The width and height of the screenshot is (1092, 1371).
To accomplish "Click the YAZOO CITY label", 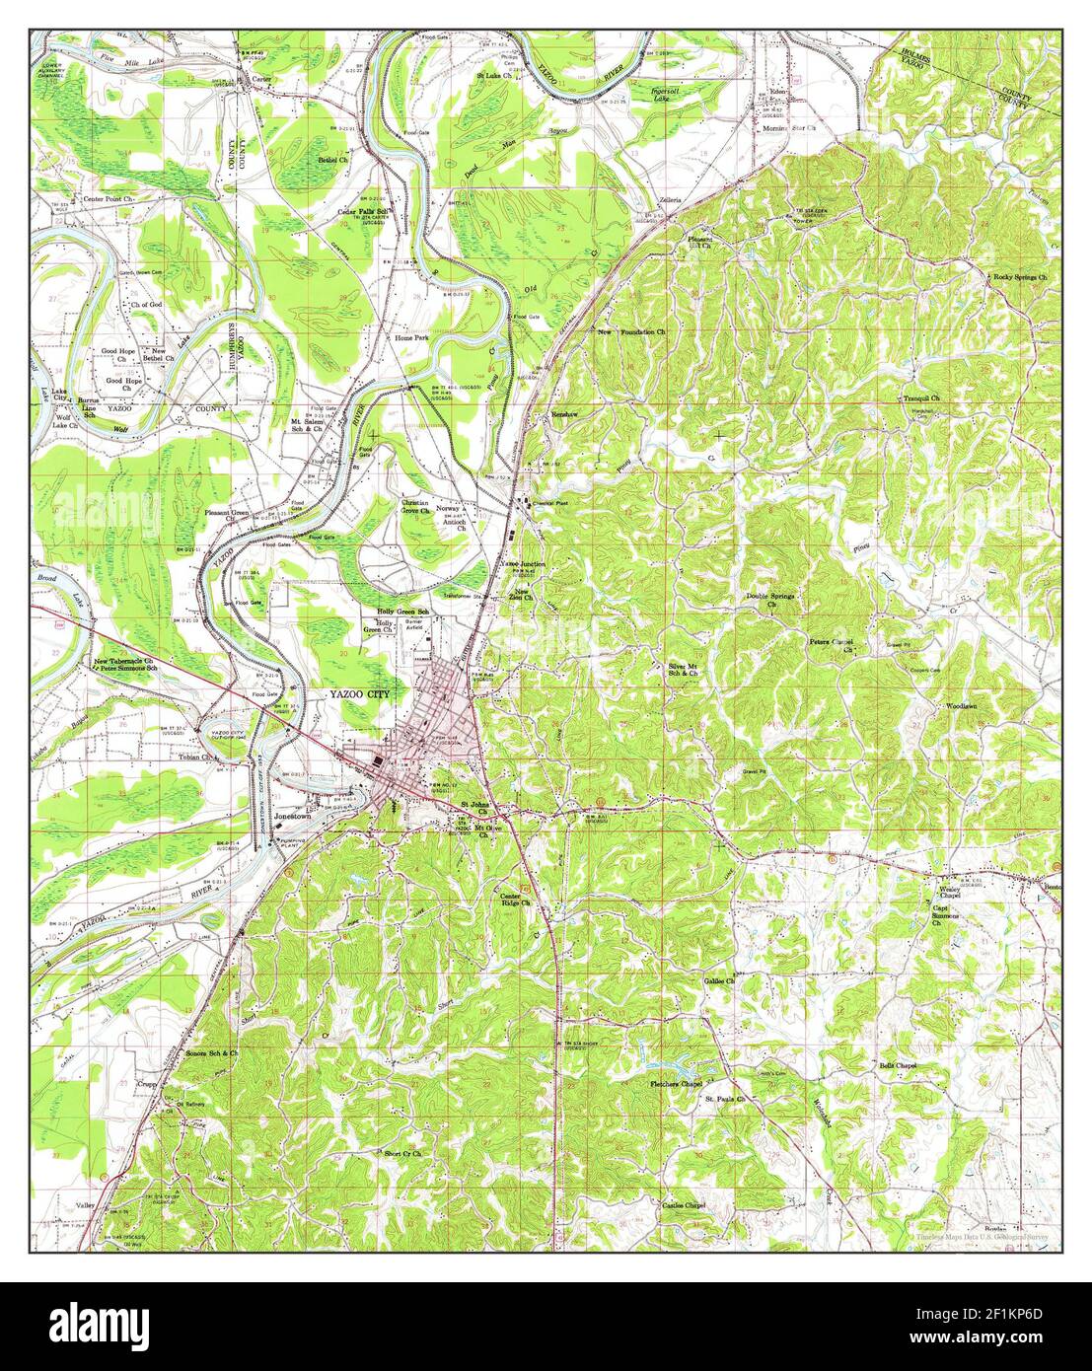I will [361, 694].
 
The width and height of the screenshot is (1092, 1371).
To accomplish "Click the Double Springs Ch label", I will [773, 600].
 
